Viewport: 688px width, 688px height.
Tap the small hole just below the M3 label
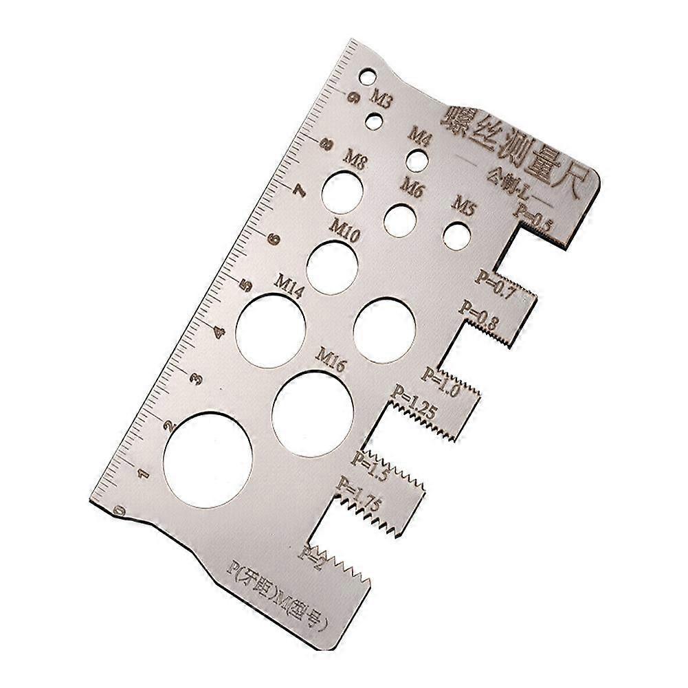[374, 122]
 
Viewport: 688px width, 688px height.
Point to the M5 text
[462, 206]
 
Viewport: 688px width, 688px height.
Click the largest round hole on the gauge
[208, 458]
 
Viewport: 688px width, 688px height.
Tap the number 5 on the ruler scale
[243, 286]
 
